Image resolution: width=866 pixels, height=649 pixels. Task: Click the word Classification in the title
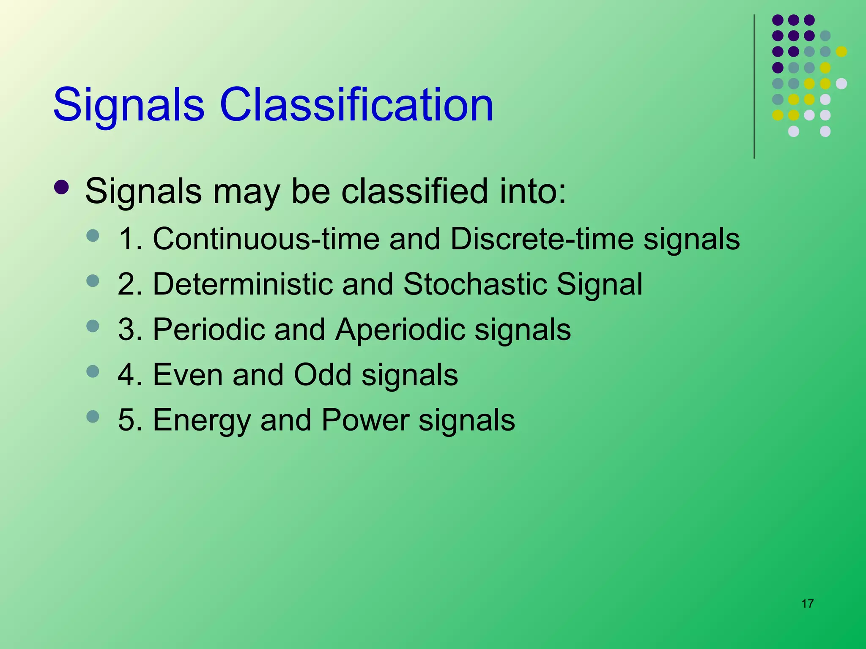(x=356, y=104)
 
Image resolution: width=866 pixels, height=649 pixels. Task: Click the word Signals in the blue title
(x=129, y=104)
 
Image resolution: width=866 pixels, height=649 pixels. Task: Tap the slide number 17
(x=807, y=604)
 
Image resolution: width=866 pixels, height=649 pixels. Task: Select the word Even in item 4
(x=187, y=374)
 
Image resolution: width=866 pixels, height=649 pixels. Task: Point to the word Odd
(x=323, y=374)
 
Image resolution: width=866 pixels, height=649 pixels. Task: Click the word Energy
(x=202, y=420)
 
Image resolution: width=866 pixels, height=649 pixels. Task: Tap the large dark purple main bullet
(x=62, y=188)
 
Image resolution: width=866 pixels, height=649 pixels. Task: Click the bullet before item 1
(x=92, y=235)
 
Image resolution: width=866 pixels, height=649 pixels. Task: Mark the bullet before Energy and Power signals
(x=92, y=417)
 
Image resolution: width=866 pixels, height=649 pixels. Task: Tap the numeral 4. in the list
(x=129, y=374)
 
